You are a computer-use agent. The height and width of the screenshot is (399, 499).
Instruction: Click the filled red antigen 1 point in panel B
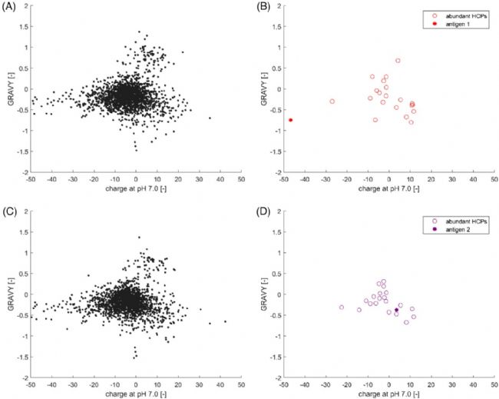tap(291, 120)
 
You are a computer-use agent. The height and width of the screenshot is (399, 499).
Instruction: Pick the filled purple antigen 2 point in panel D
tap(396, 310)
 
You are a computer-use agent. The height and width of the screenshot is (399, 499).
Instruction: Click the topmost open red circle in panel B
tap(398, 61)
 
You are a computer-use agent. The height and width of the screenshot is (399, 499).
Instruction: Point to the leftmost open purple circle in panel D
tap(342, 308)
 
